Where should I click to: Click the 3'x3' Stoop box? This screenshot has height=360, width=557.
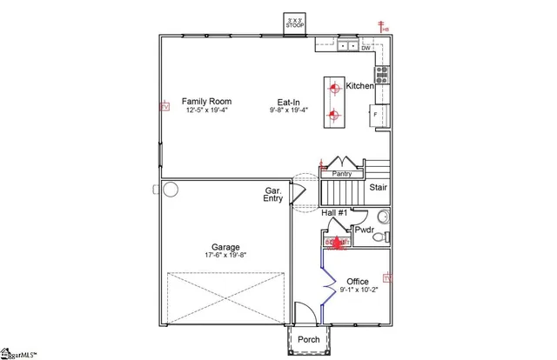click(x=294, y=23)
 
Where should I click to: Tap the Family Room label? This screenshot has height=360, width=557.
click(x=206, y=101)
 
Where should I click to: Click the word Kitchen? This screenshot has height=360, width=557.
click(x=360, y=86)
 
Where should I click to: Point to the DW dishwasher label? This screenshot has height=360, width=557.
click(x=366, y=49)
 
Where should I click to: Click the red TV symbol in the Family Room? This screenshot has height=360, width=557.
click(x=163, y=107)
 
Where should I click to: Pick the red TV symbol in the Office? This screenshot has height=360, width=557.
click(x=386, y=278)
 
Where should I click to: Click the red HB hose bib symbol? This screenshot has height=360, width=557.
click(x=383, y=27)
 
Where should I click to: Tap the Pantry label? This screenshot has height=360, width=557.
click(x=342, y=174)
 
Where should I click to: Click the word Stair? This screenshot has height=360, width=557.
click(x=379, y=187)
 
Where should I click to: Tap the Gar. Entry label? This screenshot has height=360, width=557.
click(x=273, y=194)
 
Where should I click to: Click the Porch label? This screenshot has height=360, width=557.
click(x=309, y=339)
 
